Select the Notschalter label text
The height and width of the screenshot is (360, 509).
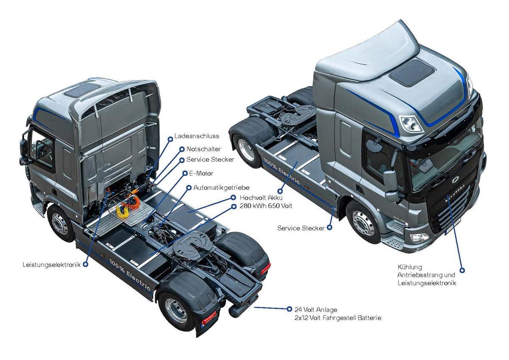click(x=203, y=149)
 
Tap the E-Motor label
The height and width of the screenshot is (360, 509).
click(x=204, y=173)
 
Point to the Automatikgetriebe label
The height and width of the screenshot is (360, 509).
click(x=221, y=187)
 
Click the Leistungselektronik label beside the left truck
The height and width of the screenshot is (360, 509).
click(x=52, y=264)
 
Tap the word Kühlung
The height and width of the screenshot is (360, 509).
click(x=409, y=268)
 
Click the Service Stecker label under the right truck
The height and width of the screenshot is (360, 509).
click(x=301, y=228)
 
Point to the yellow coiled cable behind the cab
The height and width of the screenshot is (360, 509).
click(x=127, y=207)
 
